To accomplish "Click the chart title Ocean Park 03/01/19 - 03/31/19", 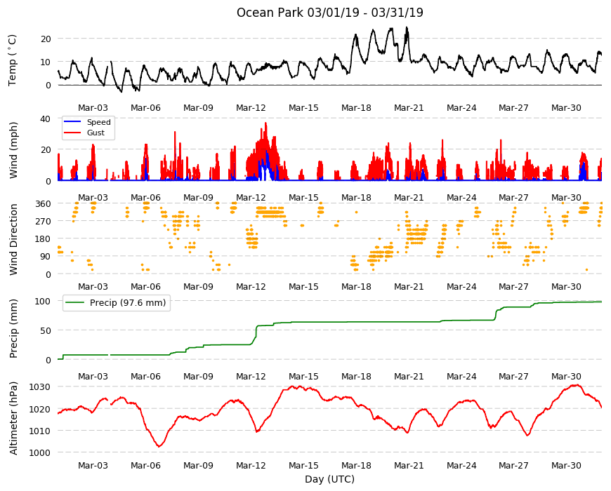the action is click(x=329, y=13).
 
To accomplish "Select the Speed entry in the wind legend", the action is click(x=98, y=122).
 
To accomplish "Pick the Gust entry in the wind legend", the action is click(x=96, y=133).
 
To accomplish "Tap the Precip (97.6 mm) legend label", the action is click(x=128, y=303).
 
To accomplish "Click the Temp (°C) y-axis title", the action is click(x=13, y=60).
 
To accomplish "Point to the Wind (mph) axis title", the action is click(x=13, y=150).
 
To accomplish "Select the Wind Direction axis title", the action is click(x=13, y=239).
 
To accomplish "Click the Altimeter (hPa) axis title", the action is click(x=13, y=418).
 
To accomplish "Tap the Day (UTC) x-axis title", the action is click(x=329, y=479).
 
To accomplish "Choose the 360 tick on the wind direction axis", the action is click(x=43, y=203).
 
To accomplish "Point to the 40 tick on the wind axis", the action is click(x=46, y=119).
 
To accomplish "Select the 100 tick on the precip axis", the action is click(x=43, y=301).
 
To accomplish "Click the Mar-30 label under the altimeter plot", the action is click(x=566, y=465).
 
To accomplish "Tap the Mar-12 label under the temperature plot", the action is click(x=251, y=108).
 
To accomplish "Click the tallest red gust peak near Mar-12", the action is click(x=265, y=123).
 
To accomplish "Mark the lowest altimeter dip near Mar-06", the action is click(x=159, y=446).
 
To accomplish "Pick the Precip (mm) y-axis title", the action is click(x=13, y=329).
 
